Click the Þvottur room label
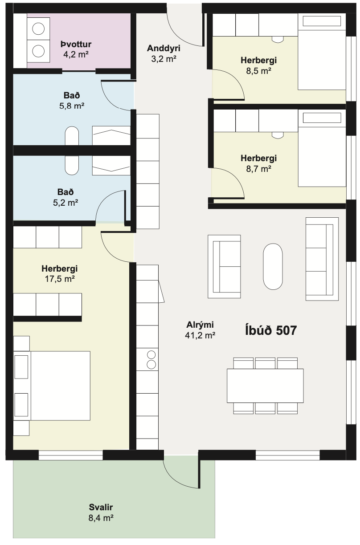76,44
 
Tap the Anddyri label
164,48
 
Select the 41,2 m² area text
200,336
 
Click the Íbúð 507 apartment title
271,330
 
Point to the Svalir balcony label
101,507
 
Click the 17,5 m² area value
60,279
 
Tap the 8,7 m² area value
259,169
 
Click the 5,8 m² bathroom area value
72,106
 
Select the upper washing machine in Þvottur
38,28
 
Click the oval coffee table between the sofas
273,266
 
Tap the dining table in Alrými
265,386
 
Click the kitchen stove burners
151,360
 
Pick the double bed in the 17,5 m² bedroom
52,386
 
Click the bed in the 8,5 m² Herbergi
322,52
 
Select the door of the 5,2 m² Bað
105,198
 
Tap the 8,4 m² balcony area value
101,518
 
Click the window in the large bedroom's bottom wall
70,455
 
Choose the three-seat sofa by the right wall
322,259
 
